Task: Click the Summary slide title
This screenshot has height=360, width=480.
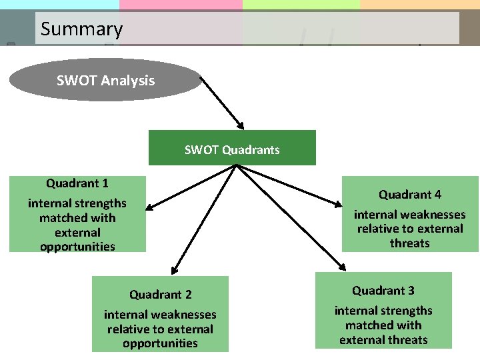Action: pyautogui.click(x=81, y=29)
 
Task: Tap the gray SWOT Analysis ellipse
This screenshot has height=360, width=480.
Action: pyautogui.click(x=105, y=81)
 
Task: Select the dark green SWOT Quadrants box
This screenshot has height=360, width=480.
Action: pyautogui.click(x=232, y=148)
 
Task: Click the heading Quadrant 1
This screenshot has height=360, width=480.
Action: pyautogui.click(x=77, y=183)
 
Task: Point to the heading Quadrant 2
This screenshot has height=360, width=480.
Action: pyautogui.click(x=160, y=295)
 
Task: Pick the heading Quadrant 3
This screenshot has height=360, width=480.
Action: pyautogui.click(x=383, y=291)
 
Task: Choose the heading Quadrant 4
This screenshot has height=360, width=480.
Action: pyautogui.click(x=410, y=195)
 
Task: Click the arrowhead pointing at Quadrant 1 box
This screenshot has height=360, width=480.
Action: pyautogui.click(x=149, y=208)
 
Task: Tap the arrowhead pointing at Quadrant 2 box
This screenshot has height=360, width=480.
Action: pyautogui.click(x=174, y=270)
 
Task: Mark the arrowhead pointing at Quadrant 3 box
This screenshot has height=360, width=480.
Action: pyautogui.click(x=342, y=267)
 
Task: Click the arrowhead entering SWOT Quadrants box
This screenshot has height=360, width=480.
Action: pyautogui.click(x=241, y=125)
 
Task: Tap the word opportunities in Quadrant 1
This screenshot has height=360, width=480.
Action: pyautogui.click(x=77, y=247)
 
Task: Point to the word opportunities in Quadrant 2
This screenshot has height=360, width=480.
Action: pyautogui.click(x=160, y=343)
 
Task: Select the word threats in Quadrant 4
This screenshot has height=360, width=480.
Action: pyautogui.click(x=410, y=243)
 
